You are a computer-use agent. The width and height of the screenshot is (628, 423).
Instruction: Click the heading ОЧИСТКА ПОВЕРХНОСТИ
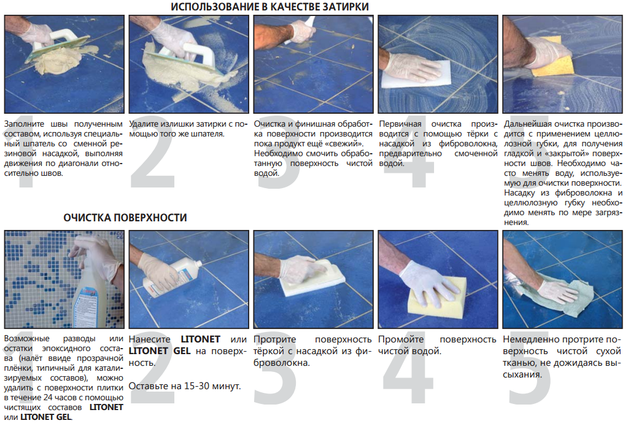click(x=125, y=218)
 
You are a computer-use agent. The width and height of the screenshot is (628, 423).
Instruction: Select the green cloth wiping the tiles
click(x=565, y=295)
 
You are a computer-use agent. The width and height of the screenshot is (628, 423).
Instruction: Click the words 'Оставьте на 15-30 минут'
click(x=184, y=386)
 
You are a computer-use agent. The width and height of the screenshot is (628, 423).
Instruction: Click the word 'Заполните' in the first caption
click(x=23, y=124)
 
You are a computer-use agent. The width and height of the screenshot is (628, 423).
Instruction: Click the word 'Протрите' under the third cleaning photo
click(x=275, y=339)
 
